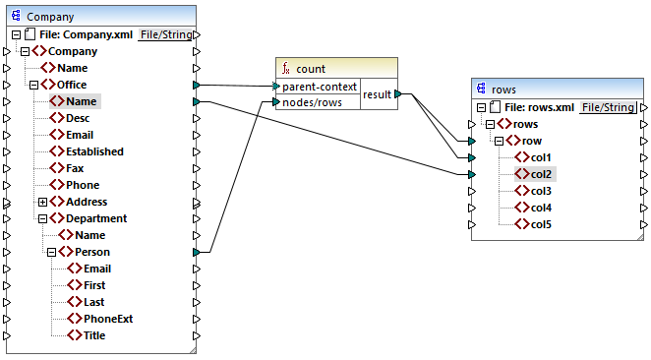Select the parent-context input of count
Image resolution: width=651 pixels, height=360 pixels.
point(319,87)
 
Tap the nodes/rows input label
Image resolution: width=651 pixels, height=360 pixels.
point(313,102)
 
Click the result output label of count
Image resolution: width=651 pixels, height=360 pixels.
point(377,94)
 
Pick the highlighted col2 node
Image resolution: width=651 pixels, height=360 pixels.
point(541,174)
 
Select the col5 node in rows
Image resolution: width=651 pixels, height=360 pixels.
point(541,224)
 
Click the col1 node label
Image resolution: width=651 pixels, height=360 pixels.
point(541,157)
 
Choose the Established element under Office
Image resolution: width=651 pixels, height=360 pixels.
point(94,151)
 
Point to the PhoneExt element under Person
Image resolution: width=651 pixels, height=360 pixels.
point(108,319)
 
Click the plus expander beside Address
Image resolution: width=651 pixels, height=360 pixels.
point(43,202)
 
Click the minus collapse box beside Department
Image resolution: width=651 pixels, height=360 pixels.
point(43,218)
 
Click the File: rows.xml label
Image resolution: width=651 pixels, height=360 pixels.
point(539,107)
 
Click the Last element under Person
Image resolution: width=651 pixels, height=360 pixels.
point(94,302)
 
